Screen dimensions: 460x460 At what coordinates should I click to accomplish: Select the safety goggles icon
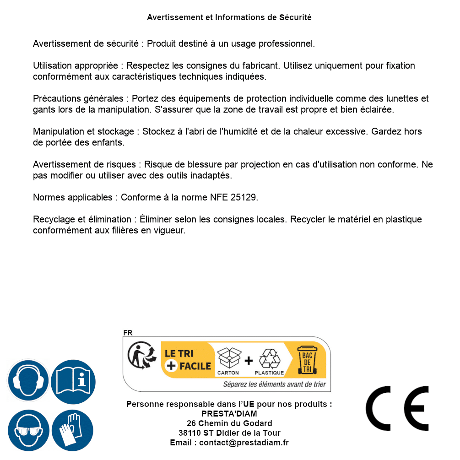point(28,431)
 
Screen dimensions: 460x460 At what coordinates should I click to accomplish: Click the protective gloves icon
point(72,431)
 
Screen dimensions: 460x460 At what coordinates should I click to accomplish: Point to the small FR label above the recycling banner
point(128,333)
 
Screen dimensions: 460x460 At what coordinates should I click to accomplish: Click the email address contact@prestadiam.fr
point(244,443)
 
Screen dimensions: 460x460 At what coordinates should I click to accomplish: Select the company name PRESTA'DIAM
point(229,414)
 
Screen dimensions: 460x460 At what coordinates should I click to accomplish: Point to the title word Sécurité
point(295,17)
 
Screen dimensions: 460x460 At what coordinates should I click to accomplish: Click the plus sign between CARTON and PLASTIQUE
point(249,361)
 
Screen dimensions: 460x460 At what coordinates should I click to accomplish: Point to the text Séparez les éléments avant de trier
point(275,384)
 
